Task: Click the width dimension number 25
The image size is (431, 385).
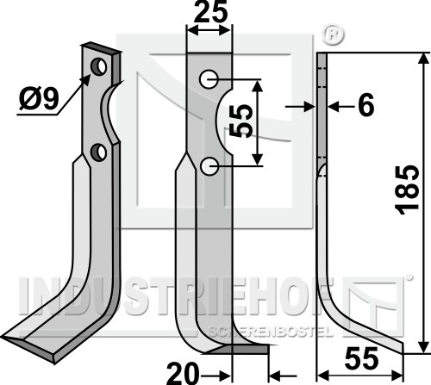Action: pos(210,12)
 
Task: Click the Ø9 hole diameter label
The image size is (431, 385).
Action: pos(39,99)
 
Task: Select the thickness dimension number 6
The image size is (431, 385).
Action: pos(366,105)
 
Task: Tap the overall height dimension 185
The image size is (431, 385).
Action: pos(406,189)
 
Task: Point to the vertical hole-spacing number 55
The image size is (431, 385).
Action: pos(240,121)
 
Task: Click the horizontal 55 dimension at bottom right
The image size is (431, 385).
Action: pos(361,358)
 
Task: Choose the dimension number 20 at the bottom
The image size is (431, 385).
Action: pos(183,373)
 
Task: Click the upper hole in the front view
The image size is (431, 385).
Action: pos(209,79)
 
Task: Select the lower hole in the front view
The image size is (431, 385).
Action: pos(209,166)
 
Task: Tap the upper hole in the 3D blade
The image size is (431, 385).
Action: pos(98,66)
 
